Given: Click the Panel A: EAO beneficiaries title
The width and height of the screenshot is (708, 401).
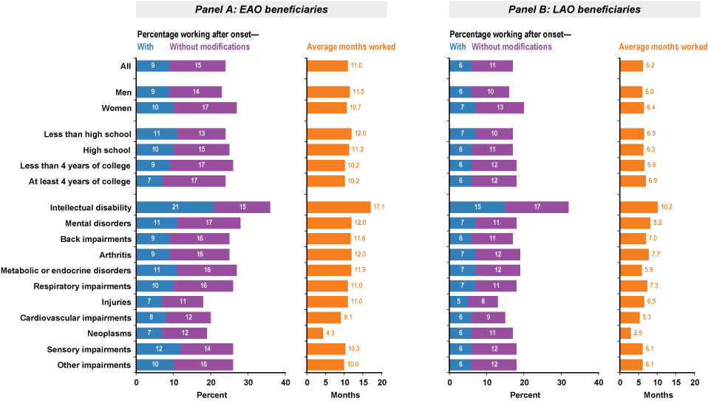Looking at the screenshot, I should pos(261,10).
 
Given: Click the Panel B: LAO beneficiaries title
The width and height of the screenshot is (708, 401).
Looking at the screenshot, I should pos(574,10).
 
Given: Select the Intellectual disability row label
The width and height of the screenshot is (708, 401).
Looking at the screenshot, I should pos(90,207).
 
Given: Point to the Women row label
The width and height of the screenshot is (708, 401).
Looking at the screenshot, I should pos(115,108).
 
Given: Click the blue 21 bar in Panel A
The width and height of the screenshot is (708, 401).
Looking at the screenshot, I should pos(175,207).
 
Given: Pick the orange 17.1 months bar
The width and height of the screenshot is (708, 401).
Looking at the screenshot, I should pos(338,207).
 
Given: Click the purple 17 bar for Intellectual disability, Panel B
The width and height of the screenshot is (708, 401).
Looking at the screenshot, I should pos(537,207).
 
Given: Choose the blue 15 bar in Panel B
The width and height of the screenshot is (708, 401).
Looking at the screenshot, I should pos(477,207).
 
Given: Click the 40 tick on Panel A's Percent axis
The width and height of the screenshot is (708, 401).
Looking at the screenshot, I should pos(285,382).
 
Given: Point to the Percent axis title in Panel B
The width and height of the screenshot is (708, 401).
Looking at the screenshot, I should pos(524,395).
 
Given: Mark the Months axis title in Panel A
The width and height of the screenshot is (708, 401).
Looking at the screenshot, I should pos(344,395).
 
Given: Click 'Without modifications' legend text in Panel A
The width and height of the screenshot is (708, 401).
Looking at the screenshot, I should pos(211,47).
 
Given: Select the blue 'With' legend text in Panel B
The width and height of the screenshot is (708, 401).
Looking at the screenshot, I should pos(458,47).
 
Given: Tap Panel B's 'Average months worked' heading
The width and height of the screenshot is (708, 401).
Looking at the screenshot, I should pos(663,47).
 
